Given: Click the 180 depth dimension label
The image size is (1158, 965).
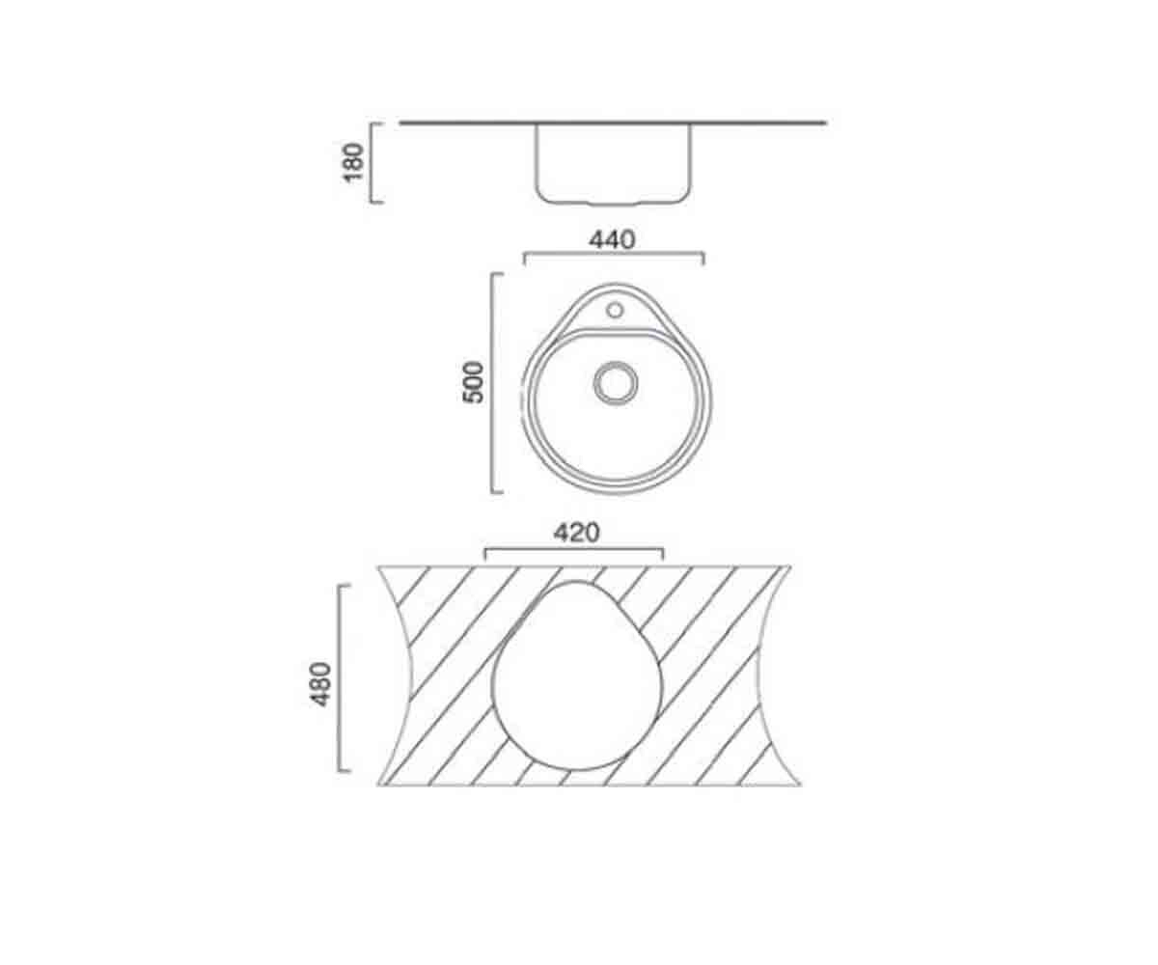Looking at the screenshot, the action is click(x=353, y=162).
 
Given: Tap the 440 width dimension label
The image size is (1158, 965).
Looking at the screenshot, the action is click(x=612, y=239).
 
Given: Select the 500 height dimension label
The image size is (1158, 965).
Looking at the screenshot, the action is click(x=473, y=382).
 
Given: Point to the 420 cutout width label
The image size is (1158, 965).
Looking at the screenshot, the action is click(x=577, y=533).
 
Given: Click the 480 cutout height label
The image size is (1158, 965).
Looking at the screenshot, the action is click(x=321, y=684).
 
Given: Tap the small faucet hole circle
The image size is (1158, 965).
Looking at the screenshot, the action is click(x=615, y=310).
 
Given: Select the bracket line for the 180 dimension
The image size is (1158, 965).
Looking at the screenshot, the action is click(x=371, y=162).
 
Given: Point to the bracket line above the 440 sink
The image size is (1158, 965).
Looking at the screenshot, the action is click(x=614, y=253).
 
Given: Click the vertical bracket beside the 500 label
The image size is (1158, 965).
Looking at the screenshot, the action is click(x=492, y=383).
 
